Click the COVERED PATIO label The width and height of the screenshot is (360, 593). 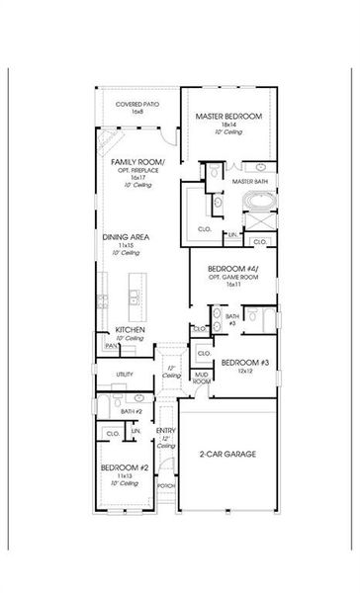pos(136,104)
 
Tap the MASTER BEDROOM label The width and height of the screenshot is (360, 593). pos(228,118)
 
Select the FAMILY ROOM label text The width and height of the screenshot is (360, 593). pos(137,161)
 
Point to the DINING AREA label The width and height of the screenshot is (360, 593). pos(126,237)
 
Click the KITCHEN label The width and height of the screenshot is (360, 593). pos(131,329)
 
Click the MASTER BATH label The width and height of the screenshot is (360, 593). pos(249,182)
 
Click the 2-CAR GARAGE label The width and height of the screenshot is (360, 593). pos(226,454)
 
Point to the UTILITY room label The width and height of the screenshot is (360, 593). pos(125,375)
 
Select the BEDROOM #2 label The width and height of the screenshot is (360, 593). pos(123,466)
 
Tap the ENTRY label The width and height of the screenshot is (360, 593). pos(165,429)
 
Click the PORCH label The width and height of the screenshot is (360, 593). pos(165,486)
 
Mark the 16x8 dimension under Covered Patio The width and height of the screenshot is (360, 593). pos(136,113)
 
